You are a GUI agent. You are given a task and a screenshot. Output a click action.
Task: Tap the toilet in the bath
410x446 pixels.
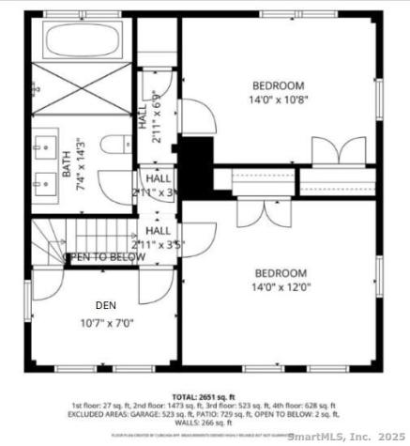[x=115, y=146]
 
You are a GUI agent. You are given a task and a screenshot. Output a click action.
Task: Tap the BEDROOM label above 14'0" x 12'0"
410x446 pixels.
[x=281, y=273]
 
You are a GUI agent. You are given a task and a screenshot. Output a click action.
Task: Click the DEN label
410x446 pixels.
[x=106, y=305]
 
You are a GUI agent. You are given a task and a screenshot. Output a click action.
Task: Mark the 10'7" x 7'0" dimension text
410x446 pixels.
[x=107, y=323]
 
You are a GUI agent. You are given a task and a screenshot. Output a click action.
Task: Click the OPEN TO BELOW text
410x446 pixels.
[x=103, y=256]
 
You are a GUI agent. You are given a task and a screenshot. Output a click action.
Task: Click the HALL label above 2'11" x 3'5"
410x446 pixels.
[x=159, y=231]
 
